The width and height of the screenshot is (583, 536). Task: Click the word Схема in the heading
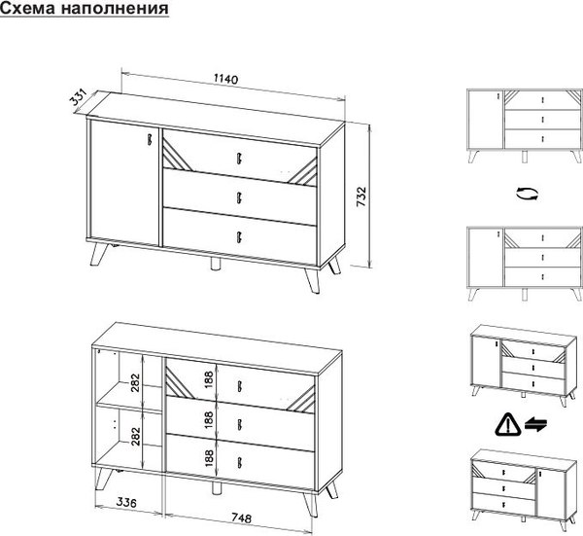point(27,8)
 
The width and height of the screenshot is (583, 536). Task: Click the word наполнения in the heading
point(115,8)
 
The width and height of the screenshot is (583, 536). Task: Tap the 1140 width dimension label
point(225,80)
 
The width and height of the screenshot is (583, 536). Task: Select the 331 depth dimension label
point(79,96)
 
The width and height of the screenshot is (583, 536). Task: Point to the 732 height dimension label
point(361,197)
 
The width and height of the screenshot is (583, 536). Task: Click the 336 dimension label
point(126,503)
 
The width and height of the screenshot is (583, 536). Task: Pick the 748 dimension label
point(241,518)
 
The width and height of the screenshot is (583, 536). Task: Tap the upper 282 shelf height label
point(135,382)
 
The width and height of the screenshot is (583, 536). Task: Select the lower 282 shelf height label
point(135,436)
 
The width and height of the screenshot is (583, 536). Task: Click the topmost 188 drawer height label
point(209,379)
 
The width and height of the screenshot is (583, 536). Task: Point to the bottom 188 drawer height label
point(209,458)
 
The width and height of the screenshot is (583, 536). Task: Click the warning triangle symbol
point(507,425)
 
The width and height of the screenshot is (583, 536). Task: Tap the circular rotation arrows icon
point(528,194)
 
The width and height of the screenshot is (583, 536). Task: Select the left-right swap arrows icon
point(535,424)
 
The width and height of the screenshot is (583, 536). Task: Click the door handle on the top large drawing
point(150,139)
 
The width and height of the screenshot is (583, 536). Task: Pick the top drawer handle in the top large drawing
point(238,158)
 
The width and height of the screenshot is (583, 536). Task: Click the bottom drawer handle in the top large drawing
point(239,237)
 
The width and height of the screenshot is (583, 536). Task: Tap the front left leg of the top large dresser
point(98,254)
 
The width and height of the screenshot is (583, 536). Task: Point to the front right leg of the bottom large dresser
point(310,505)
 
